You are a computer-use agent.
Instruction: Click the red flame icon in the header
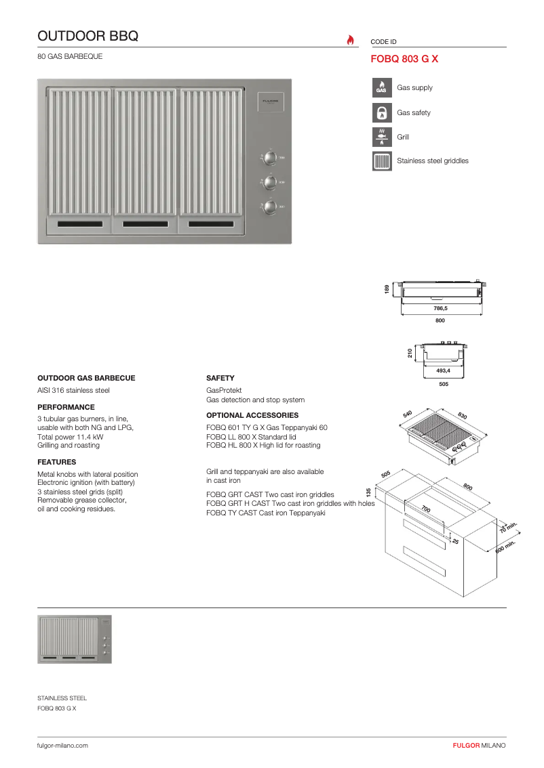coord(350,40)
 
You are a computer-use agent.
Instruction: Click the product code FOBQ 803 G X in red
coord(404,59)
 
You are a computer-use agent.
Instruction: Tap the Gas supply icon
coord(382,88)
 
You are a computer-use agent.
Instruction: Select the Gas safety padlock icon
coord(382,112)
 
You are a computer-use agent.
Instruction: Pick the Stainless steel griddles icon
coord(382,161)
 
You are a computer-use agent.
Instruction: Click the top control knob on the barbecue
coord(270,158)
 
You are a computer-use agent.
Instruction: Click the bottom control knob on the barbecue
coord(270,207)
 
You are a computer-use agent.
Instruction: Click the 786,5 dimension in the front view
coord(440,308)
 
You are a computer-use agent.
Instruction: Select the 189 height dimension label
coord(387,289)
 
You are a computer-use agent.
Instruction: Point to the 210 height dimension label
coord(410,353)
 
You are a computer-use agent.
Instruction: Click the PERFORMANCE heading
coord(66,408)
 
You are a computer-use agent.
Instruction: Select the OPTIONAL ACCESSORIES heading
coord(252,415)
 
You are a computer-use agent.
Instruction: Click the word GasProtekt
coord(224,391)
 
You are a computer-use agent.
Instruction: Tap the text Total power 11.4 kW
coord(70,437)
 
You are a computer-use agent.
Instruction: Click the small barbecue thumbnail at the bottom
coord(75,639)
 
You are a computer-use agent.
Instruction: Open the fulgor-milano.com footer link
coord(62,745)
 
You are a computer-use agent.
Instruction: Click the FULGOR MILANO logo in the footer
coord(479,745)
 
